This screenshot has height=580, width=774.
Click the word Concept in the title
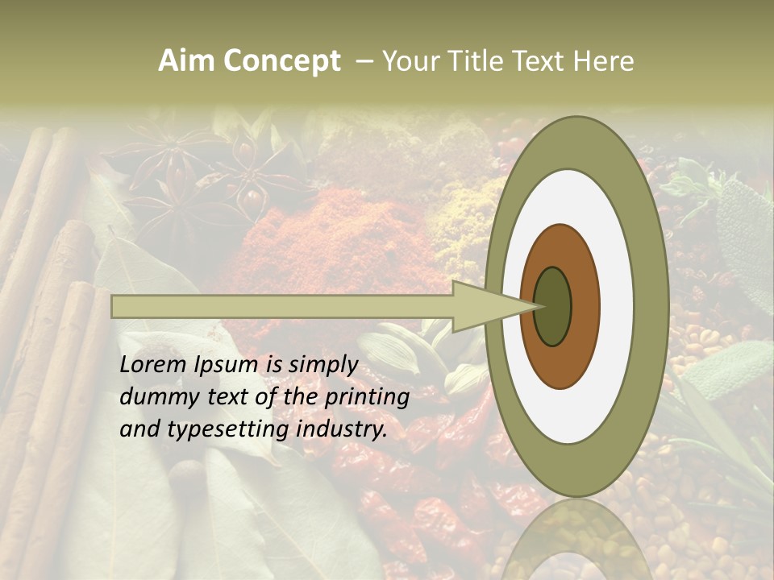[283, 61]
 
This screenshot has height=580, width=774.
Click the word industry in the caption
[342, 429]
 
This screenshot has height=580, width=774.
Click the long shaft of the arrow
[282, 306]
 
